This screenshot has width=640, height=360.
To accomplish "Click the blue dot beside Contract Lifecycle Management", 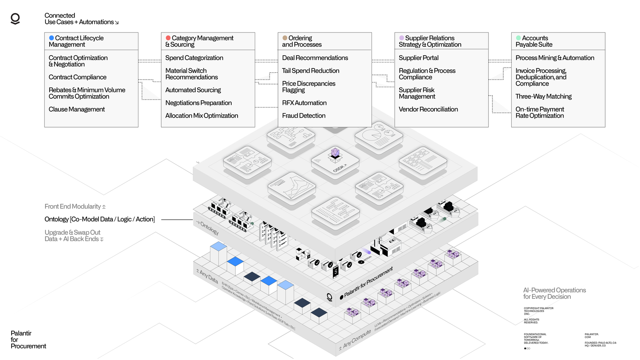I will [51, 38].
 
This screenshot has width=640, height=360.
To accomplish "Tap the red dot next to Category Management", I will [168, 38].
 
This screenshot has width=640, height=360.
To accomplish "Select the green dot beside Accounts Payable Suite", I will [518, 38].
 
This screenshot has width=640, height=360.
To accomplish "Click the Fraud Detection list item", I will [304, 116].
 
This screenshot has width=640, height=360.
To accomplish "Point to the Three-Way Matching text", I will [543, 96].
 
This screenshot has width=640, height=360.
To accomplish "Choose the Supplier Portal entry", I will [418, 58].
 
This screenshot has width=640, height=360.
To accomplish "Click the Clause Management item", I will [77, 109].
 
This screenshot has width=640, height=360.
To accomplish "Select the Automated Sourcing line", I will [193, 90].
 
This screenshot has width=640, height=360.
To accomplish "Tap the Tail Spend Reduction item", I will [310, 71].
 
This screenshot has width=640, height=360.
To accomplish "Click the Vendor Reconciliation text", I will [428, 109].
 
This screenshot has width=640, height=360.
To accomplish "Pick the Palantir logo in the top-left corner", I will [15, 19].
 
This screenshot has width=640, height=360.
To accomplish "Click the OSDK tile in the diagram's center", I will [335, 160].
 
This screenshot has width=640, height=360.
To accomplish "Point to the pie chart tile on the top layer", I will [378, 136].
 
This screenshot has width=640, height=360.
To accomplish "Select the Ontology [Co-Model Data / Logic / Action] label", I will [100, 219].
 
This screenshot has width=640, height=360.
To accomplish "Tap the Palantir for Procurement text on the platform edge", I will [368, 282].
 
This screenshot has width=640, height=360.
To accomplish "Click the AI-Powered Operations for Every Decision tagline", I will [554, 293].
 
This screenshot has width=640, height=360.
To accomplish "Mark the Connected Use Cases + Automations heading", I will [81, 19].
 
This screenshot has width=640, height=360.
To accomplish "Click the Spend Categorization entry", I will [194, 58].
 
